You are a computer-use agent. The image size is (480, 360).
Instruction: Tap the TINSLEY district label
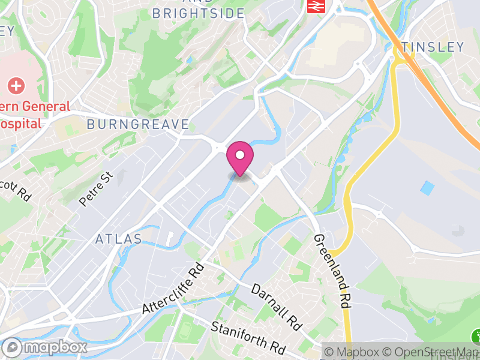pyautogui.click(x=433, y=47)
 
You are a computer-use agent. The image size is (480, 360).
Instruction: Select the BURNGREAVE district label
pyautogui.click(x=138, y=125)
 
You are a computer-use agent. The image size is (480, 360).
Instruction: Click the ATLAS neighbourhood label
pyautogui.click(x=119, y=239)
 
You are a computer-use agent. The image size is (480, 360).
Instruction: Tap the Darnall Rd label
pyautogui.click(x=276, y=307)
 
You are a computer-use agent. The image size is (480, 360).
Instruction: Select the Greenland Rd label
pyautogui.click(x=329, y=271)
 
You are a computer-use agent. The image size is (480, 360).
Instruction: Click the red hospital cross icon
pyautogui.click(x=16, y=86)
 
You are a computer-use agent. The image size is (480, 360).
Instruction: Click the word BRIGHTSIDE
pyautogui.click(x=198, y=13)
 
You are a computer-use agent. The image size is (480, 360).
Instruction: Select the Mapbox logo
pyautogui.click(x=45, y=347)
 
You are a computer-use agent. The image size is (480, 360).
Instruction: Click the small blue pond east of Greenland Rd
pyautogui.click(x=427, y=188)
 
